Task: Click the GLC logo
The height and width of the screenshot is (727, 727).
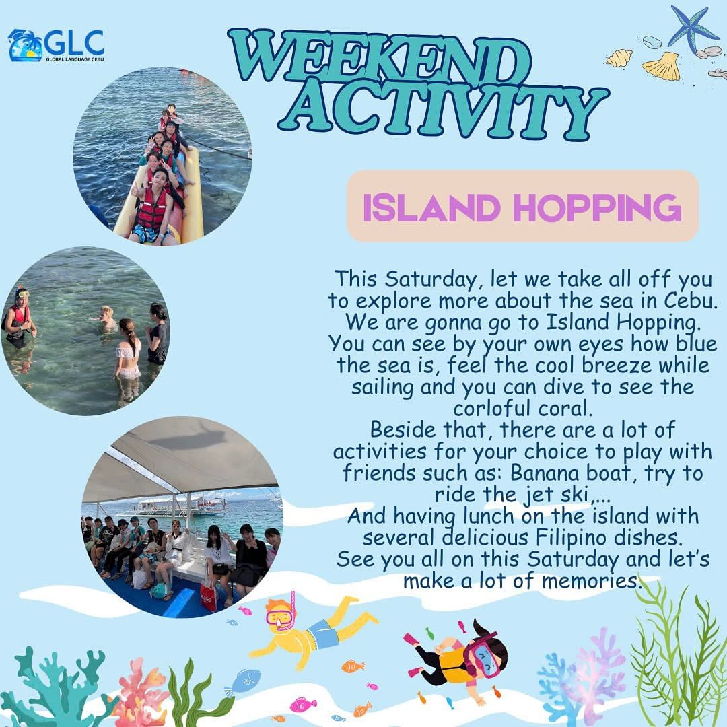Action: pyautogui.click(x=56, y=45)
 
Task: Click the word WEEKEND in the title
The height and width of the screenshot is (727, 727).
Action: pyautogui.click(x=378, y=56)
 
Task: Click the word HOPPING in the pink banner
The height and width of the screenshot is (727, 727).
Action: pyautogui.click(x=598, y=208)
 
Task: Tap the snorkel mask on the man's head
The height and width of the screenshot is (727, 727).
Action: pyautogui.click(x=22, y=294)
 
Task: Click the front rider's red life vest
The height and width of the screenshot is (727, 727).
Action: pyautogui.click(x=151, y=209)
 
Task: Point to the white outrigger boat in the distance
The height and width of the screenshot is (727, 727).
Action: pyautogui.click(x=174, y=508)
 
